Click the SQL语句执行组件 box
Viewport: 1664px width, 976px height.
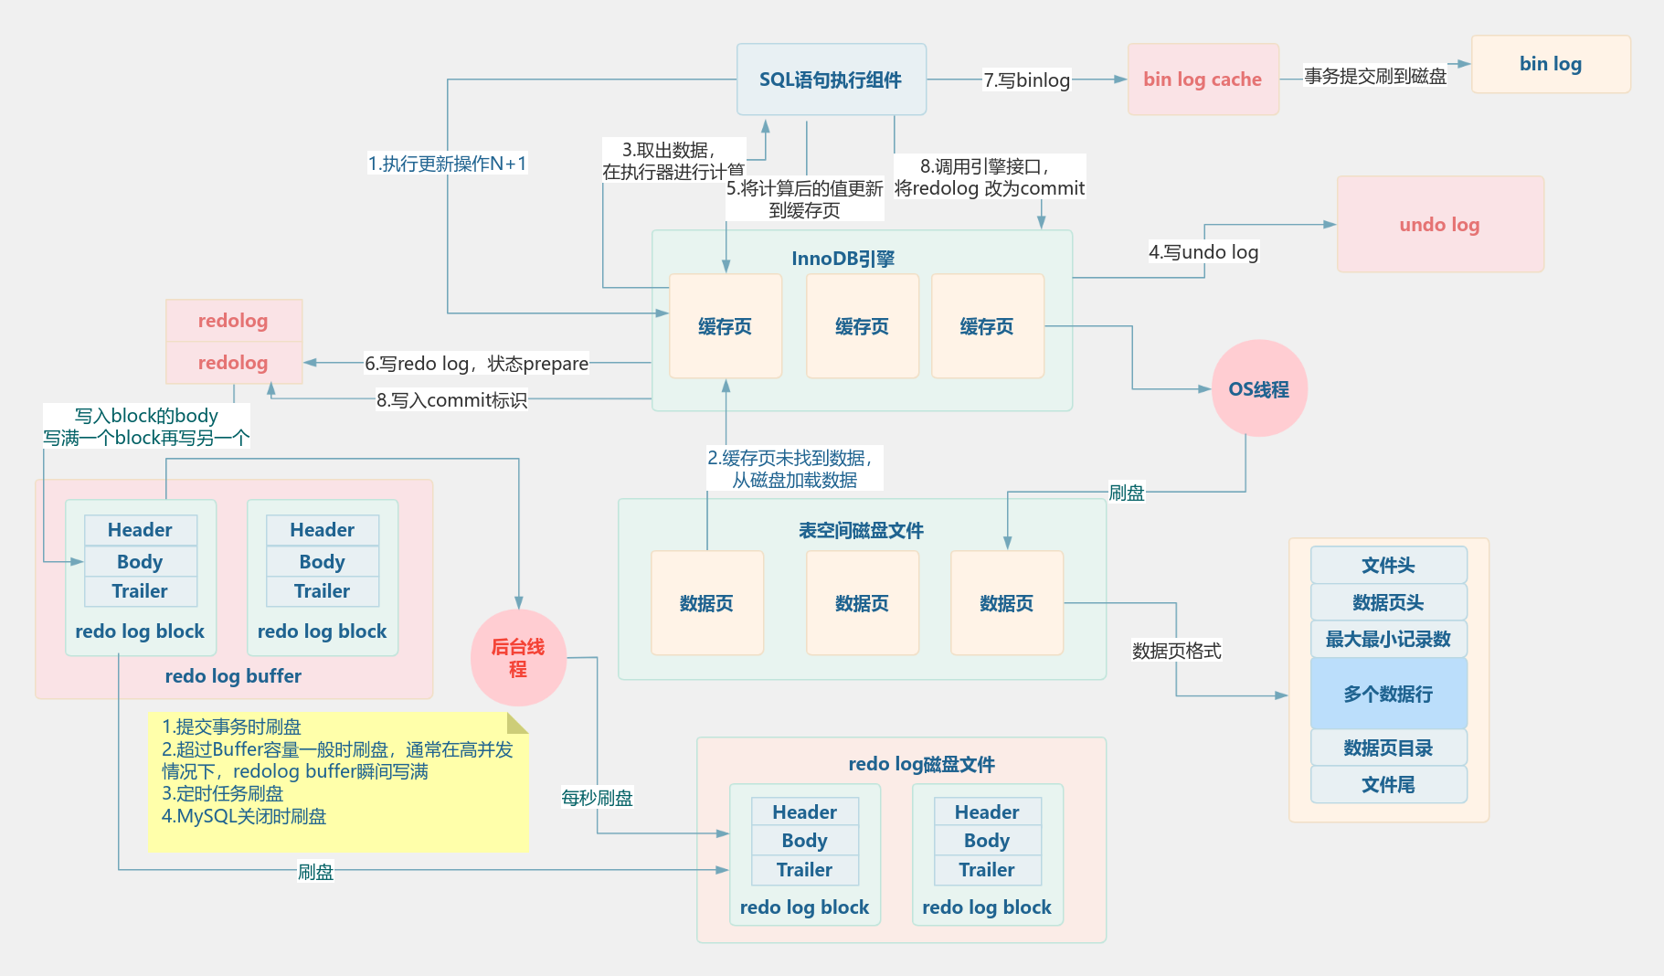tap(831, 80)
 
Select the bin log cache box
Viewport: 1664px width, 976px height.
tap(1202, 80)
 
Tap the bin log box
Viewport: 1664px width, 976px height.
tap(1550, 64)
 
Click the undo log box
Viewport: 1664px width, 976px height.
tap(1439, 225)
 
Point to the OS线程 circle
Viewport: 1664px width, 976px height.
tap(1258, 389)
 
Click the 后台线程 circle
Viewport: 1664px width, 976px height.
tap(518, 658)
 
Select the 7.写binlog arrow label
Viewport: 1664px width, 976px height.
tap(1026, 80)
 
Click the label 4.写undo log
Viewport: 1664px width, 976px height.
tap(1203, 252)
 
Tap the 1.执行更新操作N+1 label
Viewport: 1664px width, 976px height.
tap(447, 164)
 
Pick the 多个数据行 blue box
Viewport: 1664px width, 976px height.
tap(1387, 694)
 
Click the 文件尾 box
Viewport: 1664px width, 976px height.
tap(1387, 784)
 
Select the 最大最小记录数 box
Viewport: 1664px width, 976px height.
tap(1387, 639)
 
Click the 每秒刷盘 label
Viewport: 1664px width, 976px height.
tap(597, 798)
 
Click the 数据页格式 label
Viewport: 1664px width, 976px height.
tap(1176, 651)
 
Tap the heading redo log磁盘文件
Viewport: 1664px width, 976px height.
tap(921, 764)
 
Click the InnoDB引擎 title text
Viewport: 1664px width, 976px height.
tap(843, 259)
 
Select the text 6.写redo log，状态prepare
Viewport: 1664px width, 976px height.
tap(476, 364)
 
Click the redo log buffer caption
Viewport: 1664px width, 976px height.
tap(233, 676)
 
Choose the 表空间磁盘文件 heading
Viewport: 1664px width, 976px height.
tap(861, 530)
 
